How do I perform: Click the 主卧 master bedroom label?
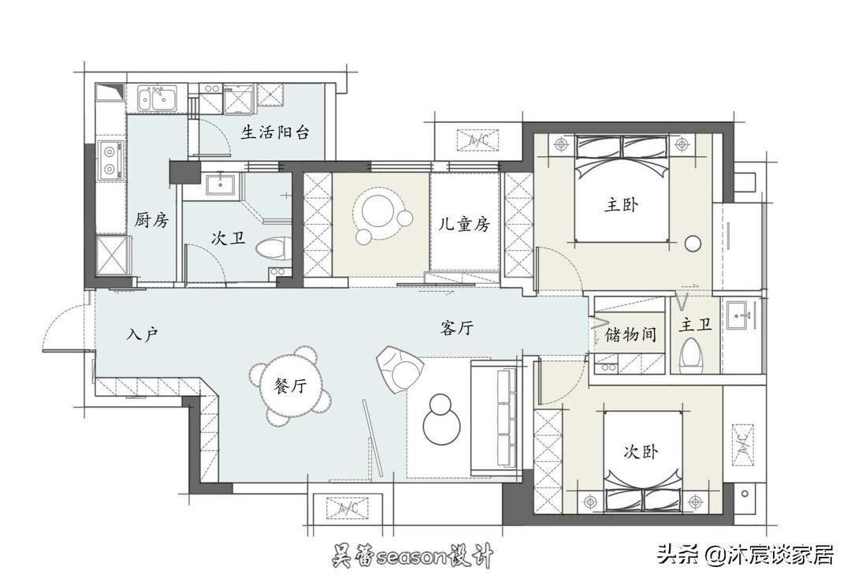point(622,205)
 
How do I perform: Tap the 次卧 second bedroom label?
point(641,452)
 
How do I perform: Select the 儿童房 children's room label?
point(464,224)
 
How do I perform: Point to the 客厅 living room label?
point(457,330)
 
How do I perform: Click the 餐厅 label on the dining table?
point(291,386)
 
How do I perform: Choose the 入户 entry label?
point(143,334)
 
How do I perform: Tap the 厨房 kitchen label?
point(152,220)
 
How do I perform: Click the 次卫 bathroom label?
point(229,237)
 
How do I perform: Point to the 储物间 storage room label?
point(630,334)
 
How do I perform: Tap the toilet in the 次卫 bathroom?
point(269,248)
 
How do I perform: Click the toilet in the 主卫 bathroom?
point(692,353)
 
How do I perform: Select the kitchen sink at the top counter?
point(158,99)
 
